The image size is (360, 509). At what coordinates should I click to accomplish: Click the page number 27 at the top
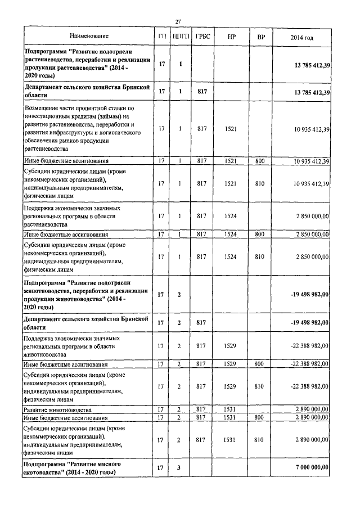178,21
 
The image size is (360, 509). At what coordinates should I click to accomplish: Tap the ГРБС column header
202,37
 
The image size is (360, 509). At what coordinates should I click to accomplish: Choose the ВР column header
260,37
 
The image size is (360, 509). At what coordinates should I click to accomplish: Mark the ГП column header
162,37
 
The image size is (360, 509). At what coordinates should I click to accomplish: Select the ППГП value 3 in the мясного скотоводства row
181,467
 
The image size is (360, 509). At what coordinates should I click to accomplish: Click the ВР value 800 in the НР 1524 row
260,234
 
